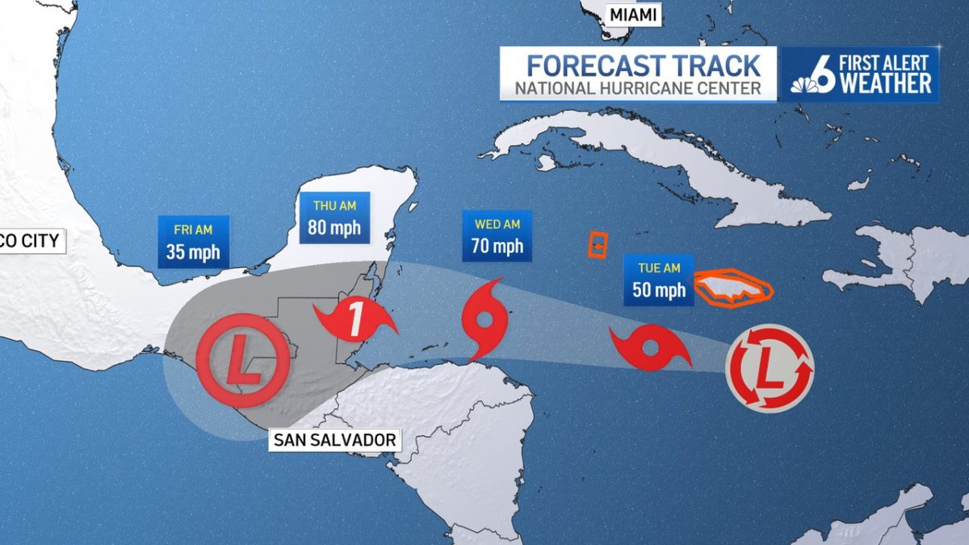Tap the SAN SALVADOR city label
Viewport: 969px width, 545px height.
click(x=334, y=440)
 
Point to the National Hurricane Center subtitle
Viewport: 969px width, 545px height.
click(x=638, y=88)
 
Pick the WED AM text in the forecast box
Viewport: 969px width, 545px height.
click(x=497, y=224)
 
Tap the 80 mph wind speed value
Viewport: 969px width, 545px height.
click(x=333, y=228)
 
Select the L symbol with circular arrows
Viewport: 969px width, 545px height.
click(x=770, y=368)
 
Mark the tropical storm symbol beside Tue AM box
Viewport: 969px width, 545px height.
click(x=650, y=348)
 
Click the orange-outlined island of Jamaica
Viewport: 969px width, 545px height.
click(x=733, y=288)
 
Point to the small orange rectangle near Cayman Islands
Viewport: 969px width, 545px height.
click(x=597, y=245)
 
